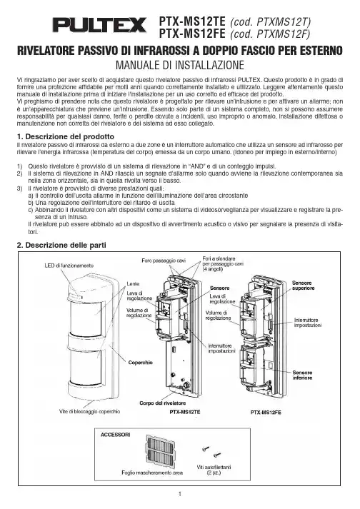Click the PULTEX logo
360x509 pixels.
click(x=100, y=25)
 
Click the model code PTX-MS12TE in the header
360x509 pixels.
click(x=192, y=21)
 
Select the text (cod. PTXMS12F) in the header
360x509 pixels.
click(x=270, y=34)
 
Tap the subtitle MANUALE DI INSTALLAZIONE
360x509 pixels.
click(x=180, y=65)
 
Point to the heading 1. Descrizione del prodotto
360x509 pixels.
click(x=66, y=136)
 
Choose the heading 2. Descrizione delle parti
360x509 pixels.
click(x=61, y=245)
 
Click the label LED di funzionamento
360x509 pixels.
click(x=69, y=266)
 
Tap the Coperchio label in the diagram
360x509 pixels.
click(x=141, y=363)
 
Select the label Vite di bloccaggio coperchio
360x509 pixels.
click(x=90, y=412)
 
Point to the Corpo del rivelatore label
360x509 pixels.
click(x=162, y=403)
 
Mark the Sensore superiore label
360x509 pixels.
click(x=303, y=286)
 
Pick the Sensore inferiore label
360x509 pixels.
click(x=302, y=376)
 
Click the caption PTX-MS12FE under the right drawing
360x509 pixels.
click(x=266, y=412)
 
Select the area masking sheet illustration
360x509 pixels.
click(x=160, y=451)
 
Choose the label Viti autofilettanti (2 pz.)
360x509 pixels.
click(x=214, y=470)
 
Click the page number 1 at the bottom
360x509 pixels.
click(x=180, y=494)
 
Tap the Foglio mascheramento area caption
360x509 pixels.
click(x=152, y=473)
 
